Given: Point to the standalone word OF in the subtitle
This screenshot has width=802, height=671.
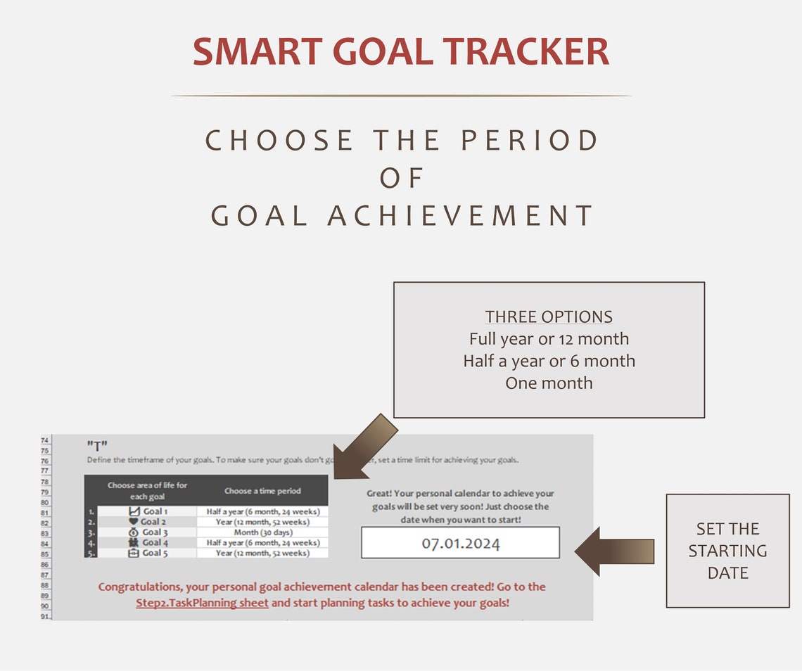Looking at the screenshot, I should [x=402, y=178].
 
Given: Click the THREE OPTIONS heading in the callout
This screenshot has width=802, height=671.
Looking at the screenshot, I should [x=549, y=317].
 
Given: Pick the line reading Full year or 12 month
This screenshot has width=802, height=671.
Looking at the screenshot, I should [x=549, y=339].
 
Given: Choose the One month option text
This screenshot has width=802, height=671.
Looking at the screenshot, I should [x=549, y=383].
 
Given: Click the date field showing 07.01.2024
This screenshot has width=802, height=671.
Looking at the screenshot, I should [x=460, y=543].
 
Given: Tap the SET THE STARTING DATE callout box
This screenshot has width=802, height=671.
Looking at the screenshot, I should [x=727, y=551].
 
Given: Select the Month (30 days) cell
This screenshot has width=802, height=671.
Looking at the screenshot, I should [x=262, y=532].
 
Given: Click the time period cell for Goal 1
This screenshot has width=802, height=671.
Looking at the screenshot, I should [x=262, y=511].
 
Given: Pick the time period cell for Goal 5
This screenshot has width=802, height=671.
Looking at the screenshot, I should [x=262, y=553].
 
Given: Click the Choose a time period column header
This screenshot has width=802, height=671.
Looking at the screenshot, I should [x=262, y=491].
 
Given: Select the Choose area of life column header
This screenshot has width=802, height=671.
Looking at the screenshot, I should [x=147, y=491].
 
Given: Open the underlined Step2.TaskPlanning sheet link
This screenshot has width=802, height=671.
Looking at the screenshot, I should [x=202, y=603].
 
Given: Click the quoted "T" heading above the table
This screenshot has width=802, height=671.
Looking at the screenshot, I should [x=97, y=445].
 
